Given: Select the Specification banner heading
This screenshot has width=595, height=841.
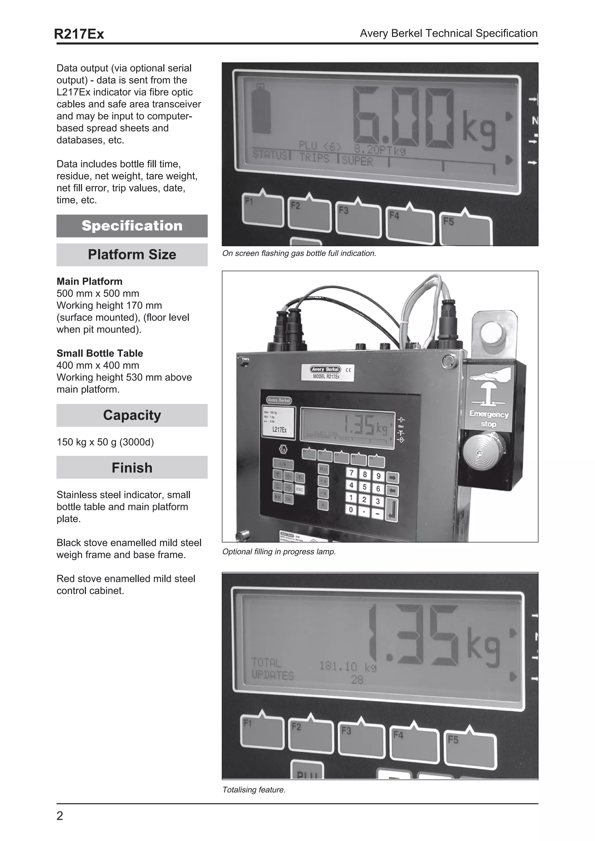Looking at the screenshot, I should click(132, 226).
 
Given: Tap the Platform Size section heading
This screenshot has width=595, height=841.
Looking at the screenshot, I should click(132, 255).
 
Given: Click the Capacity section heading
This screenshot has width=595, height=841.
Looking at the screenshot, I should click(132, 415).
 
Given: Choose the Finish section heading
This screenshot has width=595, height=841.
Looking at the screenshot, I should click(132, 468).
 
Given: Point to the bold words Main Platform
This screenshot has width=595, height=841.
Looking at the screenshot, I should click(89, 281).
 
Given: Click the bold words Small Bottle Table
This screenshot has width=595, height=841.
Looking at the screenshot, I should click(100, 353).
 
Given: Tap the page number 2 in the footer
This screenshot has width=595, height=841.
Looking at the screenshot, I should click(60, 816).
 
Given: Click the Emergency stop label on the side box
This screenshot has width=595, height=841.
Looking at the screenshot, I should click(489, 419).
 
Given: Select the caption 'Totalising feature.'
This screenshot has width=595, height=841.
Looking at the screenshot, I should click(254, 790).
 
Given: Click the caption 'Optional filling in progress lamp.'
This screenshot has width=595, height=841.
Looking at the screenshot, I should click(279, 552).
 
